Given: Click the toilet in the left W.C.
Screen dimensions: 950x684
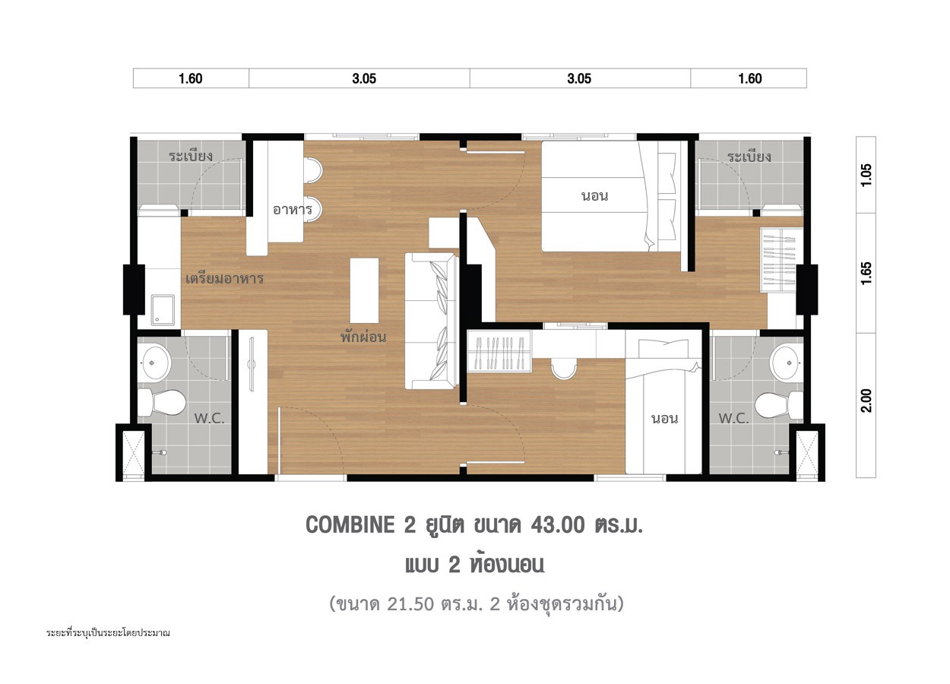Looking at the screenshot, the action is point(162,403).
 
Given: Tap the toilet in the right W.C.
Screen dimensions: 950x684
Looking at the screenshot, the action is point(779,404).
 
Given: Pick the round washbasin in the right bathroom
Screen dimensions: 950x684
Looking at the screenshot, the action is point(787,363).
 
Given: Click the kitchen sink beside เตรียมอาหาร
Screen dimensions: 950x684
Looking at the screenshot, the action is point(163,310).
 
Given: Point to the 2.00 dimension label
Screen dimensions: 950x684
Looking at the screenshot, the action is point(866,401).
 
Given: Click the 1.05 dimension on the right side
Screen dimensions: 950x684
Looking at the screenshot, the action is point(866,174).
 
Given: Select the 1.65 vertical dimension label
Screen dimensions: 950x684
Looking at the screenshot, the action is point(866,273).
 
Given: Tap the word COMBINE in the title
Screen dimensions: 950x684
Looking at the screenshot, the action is point(350,525).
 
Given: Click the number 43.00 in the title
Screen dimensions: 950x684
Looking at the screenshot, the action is point(557,525).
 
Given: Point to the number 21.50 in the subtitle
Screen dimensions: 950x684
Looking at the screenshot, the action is point(410,604).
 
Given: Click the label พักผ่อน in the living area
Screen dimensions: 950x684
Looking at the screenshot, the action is point(363,337).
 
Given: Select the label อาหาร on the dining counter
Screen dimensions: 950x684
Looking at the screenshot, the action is point(293,209).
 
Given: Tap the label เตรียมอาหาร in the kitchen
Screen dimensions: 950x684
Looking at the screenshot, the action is point(225,279).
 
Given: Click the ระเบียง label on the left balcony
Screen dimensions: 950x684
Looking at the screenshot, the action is point(191,156).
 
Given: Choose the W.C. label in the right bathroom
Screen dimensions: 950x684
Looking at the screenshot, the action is point(733,419).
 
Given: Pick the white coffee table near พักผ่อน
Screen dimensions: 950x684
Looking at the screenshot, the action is point(364,290).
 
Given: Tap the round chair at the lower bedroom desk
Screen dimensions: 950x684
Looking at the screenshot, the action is point(564,368).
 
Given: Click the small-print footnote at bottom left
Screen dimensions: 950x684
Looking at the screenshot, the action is point(108,633).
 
